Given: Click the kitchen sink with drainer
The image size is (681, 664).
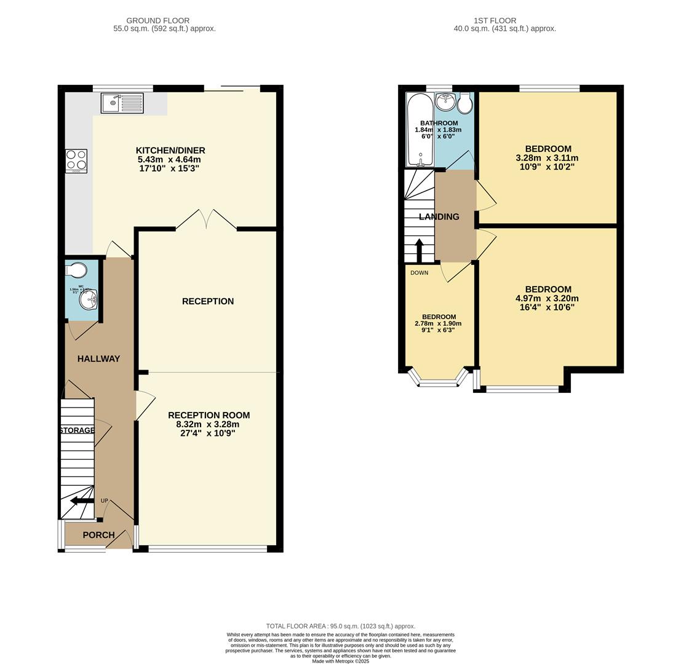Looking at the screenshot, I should tap(122, 103).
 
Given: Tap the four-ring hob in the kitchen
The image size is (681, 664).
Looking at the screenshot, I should tap(76, 160).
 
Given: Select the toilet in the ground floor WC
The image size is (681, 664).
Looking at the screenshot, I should tap(76, 270).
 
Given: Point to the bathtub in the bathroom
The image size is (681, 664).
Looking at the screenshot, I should tap(420, 130).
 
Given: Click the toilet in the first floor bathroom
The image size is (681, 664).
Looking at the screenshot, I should tap(465, 103).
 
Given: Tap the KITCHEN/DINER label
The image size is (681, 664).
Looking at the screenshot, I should tap(170, 151).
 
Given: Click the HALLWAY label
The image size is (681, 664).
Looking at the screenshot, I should tap(98, 358).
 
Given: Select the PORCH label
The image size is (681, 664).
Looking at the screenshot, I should tap(98, 535).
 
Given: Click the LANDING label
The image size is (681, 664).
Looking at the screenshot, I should tap(439, 216).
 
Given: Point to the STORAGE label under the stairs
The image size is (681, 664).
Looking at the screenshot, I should tap(77, 430).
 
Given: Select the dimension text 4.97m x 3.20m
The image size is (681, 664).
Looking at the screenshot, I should tap(548, 298).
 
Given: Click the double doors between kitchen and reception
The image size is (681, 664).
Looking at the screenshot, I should tap(206, 220).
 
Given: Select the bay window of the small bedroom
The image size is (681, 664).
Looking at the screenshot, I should tap(439, 379).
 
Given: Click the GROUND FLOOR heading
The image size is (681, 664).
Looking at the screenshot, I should tap(158, 20).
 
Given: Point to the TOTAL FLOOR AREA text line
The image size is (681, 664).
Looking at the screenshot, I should tap(340, 626).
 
